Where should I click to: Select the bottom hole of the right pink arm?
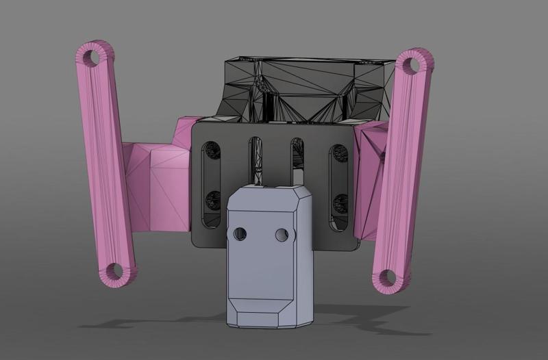[x=388, y=277]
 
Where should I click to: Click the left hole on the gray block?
[x=238, y=234]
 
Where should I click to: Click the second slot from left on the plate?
[x=255, y=161]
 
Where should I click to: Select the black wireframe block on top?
[x=308, y=89]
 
